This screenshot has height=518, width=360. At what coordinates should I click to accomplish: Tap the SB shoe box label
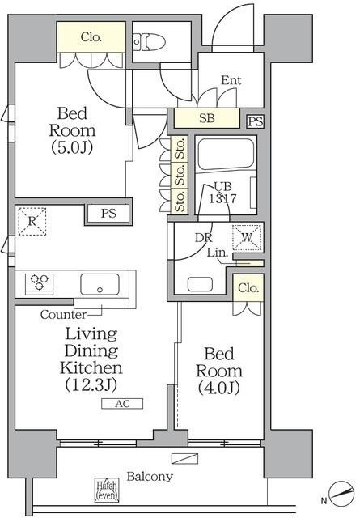pos(208,118)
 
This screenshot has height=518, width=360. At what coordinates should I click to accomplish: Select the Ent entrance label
pos(231,81)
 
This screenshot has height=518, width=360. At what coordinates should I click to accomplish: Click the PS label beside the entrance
pos(256,121)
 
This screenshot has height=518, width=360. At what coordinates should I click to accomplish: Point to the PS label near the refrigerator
pos(108,214)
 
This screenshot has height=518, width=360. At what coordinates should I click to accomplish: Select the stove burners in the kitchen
pos(38,283)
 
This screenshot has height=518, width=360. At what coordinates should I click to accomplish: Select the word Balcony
pos(150,477)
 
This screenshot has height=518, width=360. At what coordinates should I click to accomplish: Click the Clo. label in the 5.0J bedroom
pos(91,36)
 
